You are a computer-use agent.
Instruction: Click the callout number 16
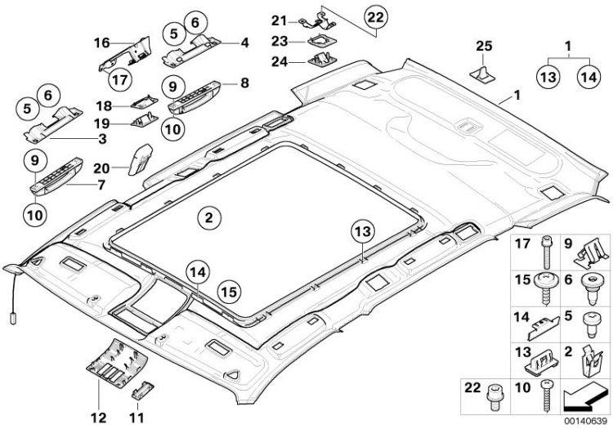[x=101, y=42]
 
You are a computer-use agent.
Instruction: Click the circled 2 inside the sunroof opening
[x=208, y=217]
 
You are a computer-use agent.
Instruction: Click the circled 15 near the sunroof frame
[x=230, y=289]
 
